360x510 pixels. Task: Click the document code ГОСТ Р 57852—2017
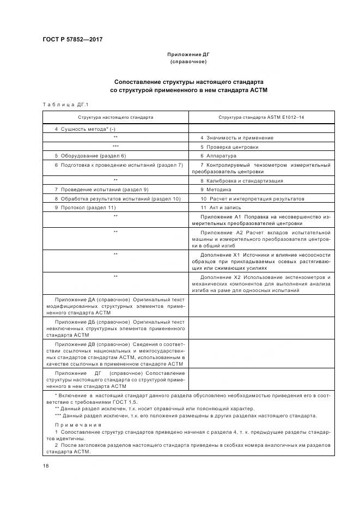[x=72, y=40]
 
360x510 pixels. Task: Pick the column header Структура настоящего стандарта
[x=115, y=117]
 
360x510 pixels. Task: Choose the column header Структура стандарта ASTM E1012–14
[x=261, y=117]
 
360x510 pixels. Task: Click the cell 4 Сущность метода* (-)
[x=85, y=129]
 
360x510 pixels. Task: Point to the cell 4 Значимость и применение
[x=237, y=138]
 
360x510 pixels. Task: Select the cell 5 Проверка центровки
[x=229, y=147]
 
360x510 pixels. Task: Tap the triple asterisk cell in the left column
[x=115, y=147]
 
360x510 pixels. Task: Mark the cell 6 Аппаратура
[x=218, y=156]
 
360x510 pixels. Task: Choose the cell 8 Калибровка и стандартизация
[x=241, y=180]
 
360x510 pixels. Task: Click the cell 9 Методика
[x=216, y=190]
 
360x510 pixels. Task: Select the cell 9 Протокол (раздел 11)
[x=86, y=208]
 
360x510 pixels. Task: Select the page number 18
[x=45, y=465]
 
